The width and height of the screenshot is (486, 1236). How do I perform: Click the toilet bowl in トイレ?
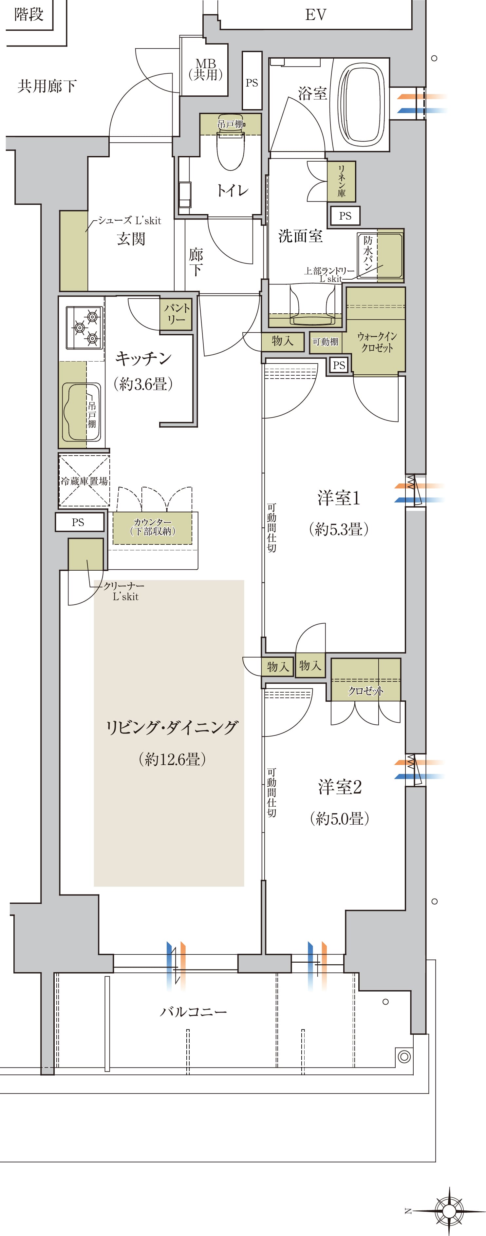pos(231,151)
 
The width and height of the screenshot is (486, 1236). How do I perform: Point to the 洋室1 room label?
pos(338,499)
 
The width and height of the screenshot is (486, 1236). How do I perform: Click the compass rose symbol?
pos(449,1210)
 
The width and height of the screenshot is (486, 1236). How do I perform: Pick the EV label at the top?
pos(315,15)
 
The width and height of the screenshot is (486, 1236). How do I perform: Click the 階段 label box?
pos(29,14)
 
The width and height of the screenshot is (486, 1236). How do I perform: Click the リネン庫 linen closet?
pos(341,181)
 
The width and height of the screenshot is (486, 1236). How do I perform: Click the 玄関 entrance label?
pos(131,239)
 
